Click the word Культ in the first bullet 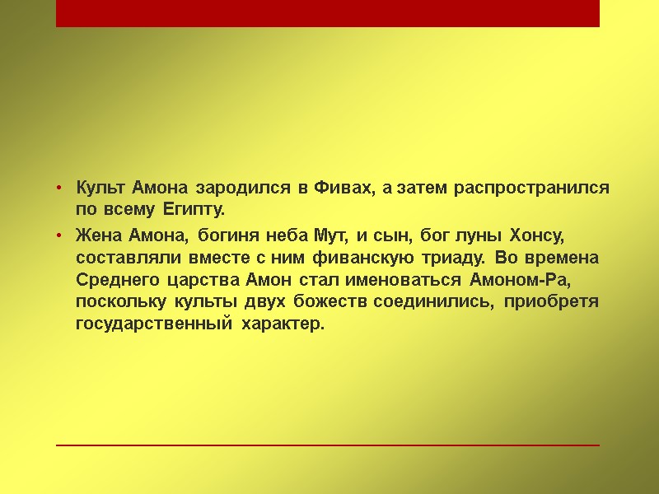pyautogui.click(x=100, y=188)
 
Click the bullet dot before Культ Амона pyautogui.click(x=60, y=189)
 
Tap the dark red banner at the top pyautogui.click(x=328, y=13)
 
